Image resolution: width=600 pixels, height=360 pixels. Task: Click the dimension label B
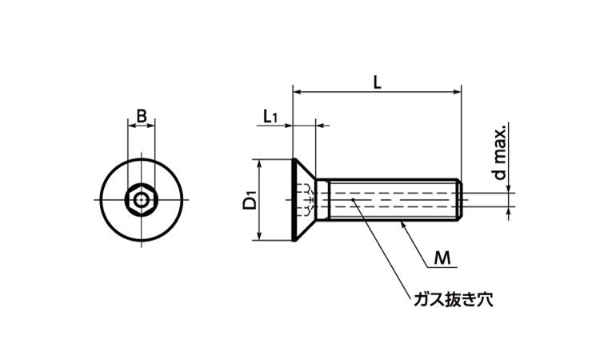coord(141,117)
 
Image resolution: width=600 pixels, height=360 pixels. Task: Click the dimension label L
coord(378,81)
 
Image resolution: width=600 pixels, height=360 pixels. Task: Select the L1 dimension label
coord(270,117)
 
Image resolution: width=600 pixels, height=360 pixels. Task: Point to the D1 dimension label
coord(249,199)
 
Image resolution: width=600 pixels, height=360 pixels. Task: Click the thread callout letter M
coord(442,258)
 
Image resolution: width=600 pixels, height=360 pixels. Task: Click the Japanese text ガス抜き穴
coord(453,300)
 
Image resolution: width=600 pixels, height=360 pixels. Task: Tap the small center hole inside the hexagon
coord(142,198)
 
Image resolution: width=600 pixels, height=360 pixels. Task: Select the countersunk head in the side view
coord(303,199)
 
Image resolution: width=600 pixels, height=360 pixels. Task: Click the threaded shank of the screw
coord(392,199)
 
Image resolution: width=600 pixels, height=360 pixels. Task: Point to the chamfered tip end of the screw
coord(460,199)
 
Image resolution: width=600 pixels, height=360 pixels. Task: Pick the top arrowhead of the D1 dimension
coord(259,162)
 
